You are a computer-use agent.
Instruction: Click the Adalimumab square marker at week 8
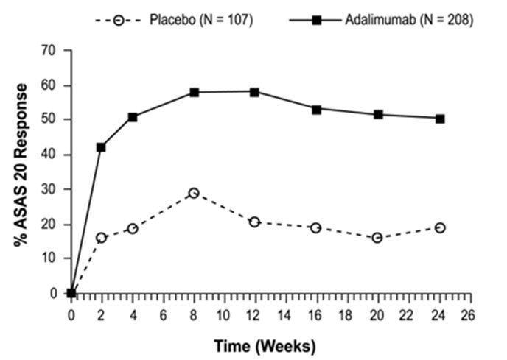pyautogui.click(x=194, y=93)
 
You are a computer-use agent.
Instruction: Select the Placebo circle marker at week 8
pyautogui.click(x=194, y=193)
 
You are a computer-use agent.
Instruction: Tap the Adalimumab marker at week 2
pyautogui.click(x=101, y=147)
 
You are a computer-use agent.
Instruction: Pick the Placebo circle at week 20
pyautogui.click(x=378, y=238)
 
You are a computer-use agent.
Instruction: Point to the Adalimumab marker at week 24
pyautogui.click(x=440, y=119)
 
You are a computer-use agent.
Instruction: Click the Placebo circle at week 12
pyautogui.click(x=255, y=222)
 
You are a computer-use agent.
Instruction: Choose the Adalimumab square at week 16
pyautogui.click(x=316, y=109)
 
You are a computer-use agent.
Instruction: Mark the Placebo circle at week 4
pyautogui.click(x=133, y=228)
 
